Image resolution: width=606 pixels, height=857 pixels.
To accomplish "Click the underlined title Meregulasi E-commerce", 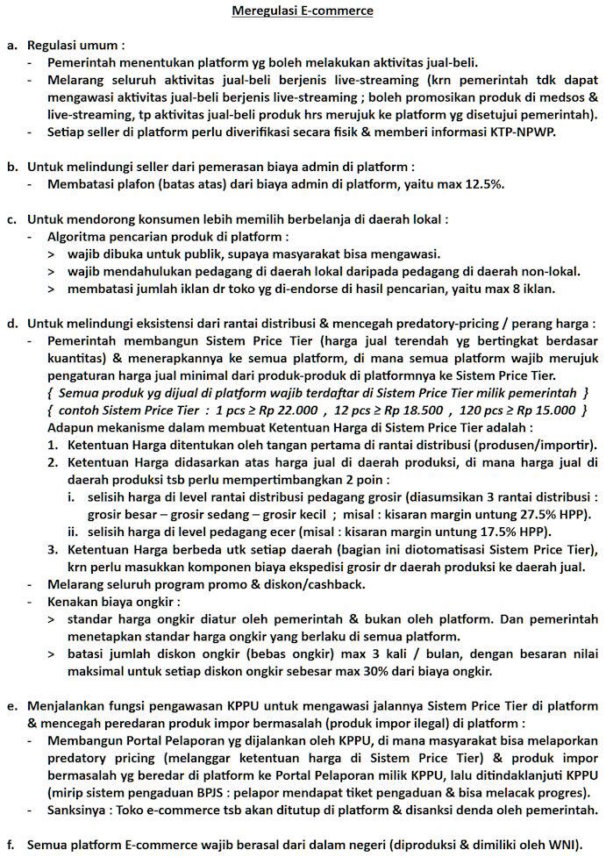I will [x=302, y=11].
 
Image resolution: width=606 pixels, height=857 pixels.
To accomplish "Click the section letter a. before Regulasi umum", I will [x=11, y=45].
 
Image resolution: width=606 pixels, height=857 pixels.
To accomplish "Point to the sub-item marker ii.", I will [x=73, y=532].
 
